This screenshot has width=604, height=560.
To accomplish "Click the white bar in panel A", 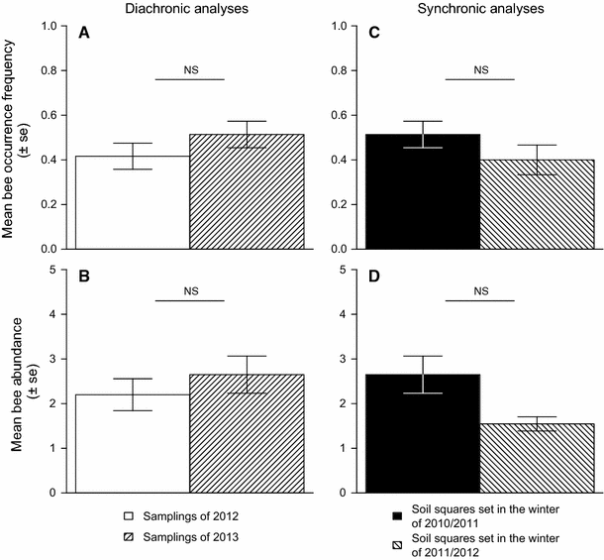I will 132,202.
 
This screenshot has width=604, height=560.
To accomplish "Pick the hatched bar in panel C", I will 538,204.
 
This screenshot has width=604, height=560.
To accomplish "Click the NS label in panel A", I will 190,69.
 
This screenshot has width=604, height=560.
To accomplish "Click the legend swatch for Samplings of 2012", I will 127,516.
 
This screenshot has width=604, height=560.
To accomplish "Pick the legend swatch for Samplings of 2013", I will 127,535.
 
